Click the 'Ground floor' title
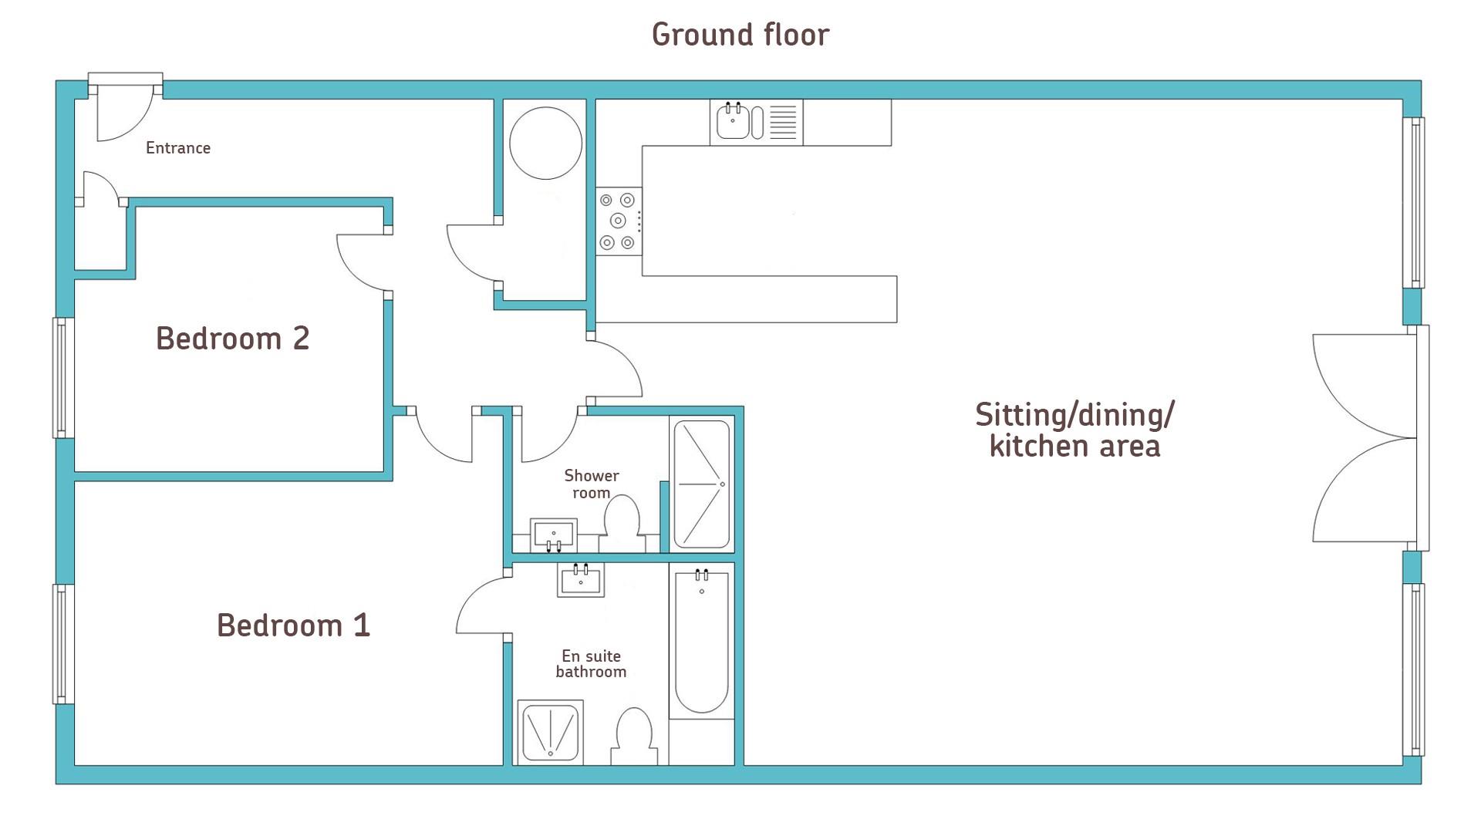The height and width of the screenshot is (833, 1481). coord(740,35)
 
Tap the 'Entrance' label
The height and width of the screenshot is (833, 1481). coord(178,148)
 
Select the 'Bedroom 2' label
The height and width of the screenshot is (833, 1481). coord(233,339)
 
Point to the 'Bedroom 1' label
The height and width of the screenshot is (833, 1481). coord(294,626)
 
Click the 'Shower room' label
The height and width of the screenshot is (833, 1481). coord(592,484)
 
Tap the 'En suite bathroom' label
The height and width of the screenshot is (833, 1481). coord(591,664)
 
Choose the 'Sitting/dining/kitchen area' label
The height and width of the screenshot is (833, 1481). coord(1074,430)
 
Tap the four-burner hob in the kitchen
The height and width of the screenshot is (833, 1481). coord(619,221)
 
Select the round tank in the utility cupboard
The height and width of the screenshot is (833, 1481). coord(546,143)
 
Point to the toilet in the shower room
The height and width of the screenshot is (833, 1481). coord(622,524)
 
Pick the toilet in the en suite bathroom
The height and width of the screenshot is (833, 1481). coord(634,737)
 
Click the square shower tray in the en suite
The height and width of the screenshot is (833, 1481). coord(550,732)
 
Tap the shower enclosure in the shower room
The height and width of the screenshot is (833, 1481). coord(702,484)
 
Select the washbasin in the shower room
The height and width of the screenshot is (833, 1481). coord(554,535)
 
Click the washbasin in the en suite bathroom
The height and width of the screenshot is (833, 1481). coord(581,580)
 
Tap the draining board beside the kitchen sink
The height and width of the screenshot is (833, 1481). coord(783,122)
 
